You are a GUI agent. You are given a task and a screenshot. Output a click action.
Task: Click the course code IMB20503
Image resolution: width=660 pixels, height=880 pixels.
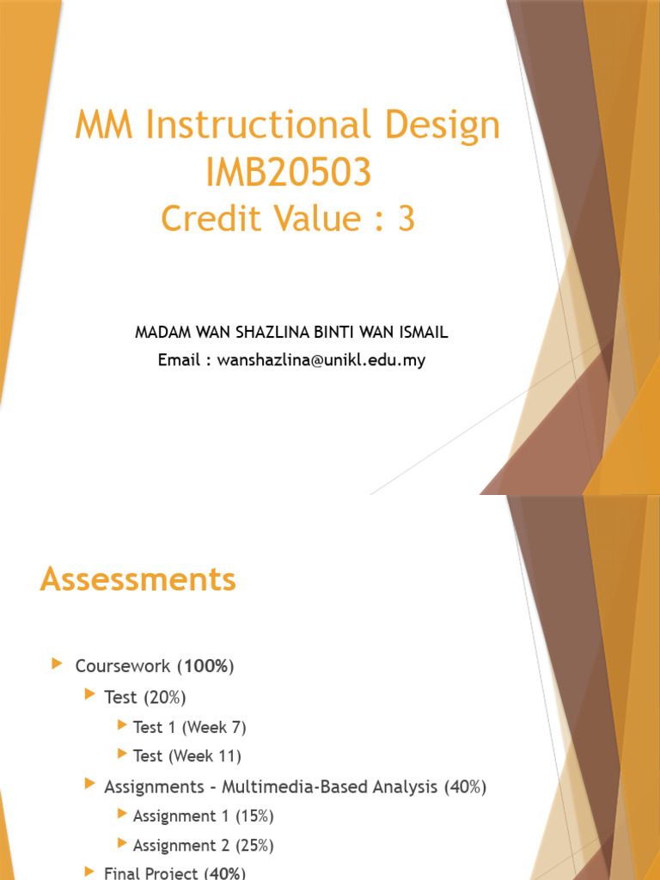pyautogui.click(x=288, y=174)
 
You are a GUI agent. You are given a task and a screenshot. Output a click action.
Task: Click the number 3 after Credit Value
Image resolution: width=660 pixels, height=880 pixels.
pyautogui.click(x=406, y=219)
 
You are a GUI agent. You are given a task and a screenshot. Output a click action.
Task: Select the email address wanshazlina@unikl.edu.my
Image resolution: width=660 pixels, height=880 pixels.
pyautogui.click(x=321, y=360)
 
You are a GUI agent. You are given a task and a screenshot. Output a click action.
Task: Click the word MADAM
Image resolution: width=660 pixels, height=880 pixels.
pyautogui.click(x=162, y=333)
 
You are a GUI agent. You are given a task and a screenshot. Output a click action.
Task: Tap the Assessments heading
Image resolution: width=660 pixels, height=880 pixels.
pyautogui.click(x=137, y=580)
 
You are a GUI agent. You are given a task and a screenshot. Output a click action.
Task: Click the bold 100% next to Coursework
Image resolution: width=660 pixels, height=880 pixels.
pyautogui.click(x=206, y=666)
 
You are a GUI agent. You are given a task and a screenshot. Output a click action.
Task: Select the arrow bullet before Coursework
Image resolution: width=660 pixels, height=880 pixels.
pyautogui.click(x=57, y=664)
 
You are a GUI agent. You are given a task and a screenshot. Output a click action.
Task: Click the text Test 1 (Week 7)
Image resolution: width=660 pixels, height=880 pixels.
pyautogui.click(x=189, y=727)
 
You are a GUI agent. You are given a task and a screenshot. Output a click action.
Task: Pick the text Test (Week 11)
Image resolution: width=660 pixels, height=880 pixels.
pyautogui.click(x=186, y=756)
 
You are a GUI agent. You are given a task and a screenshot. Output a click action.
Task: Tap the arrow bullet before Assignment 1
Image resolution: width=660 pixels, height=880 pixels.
pyautogui.click(x=122, y=815)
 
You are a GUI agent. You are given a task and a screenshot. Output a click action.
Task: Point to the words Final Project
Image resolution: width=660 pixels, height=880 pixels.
pyautogui.click(x=151, y=873)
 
